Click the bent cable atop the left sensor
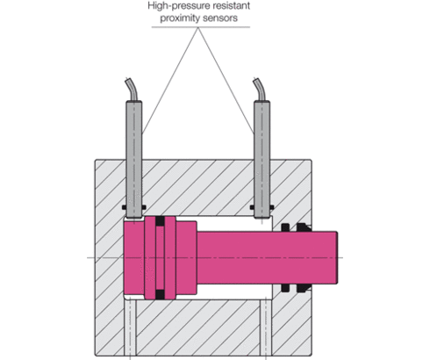pos(130,90)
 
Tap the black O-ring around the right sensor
pos(262,208)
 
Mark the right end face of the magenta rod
pos(336,256)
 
